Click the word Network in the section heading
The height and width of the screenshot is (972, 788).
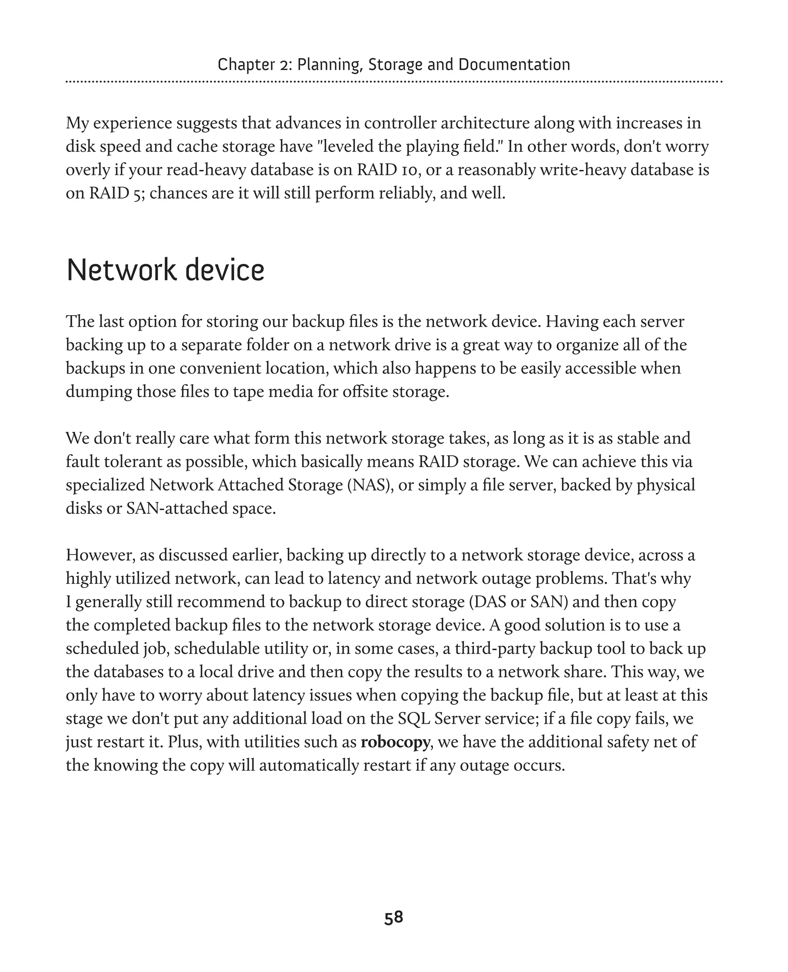pos(121,271)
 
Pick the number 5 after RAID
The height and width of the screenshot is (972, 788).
pos(139,194)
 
